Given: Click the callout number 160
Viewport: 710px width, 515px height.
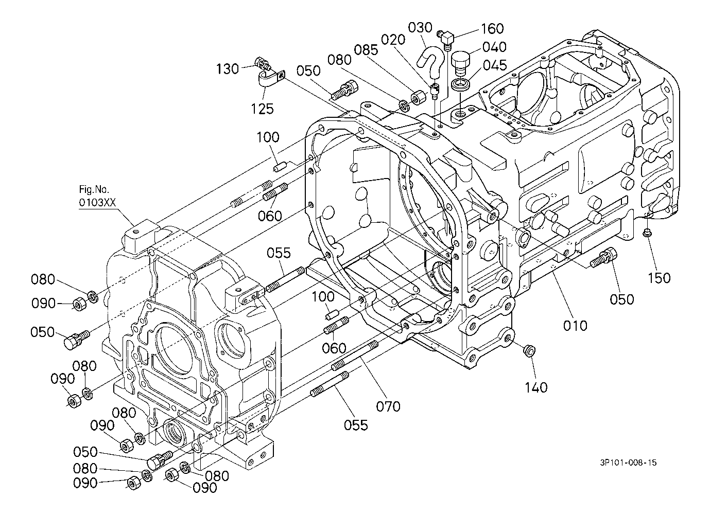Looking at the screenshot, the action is point(493,28).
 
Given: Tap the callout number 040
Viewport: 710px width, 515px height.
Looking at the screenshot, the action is point(494,47).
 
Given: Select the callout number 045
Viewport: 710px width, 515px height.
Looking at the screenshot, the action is point(495,65).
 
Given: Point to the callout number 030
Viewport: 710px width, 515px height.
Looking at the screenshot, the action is point(420,28).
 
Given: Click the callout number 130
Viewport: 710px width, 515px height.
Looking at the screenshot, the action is point(227,69).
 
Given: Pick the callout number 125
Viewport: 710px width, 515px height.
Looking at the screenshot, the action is point(262,109).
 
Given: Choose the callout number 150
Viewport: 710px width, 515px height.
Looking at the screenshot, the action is point(659,278).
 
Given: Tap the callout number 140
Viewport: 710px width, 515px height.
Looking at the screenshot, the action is point(536,387).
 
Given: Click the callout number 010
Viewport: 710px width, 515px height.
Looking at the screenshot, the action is point(575,325).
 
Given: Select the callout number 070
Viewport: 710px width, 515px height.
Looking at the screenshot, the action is point(388,406).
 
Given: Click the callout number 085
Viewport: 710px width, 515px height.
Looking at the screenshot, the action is point(366,50).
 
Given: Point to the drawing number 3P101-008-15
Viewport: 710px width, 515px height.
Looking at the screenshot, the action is point(628,463).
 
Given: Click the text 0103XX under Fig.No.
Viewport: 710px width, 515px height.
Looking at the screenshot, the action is point(97,203).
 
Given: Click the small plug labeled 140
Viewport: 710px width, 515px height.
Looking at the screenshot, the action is point(531,351).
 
